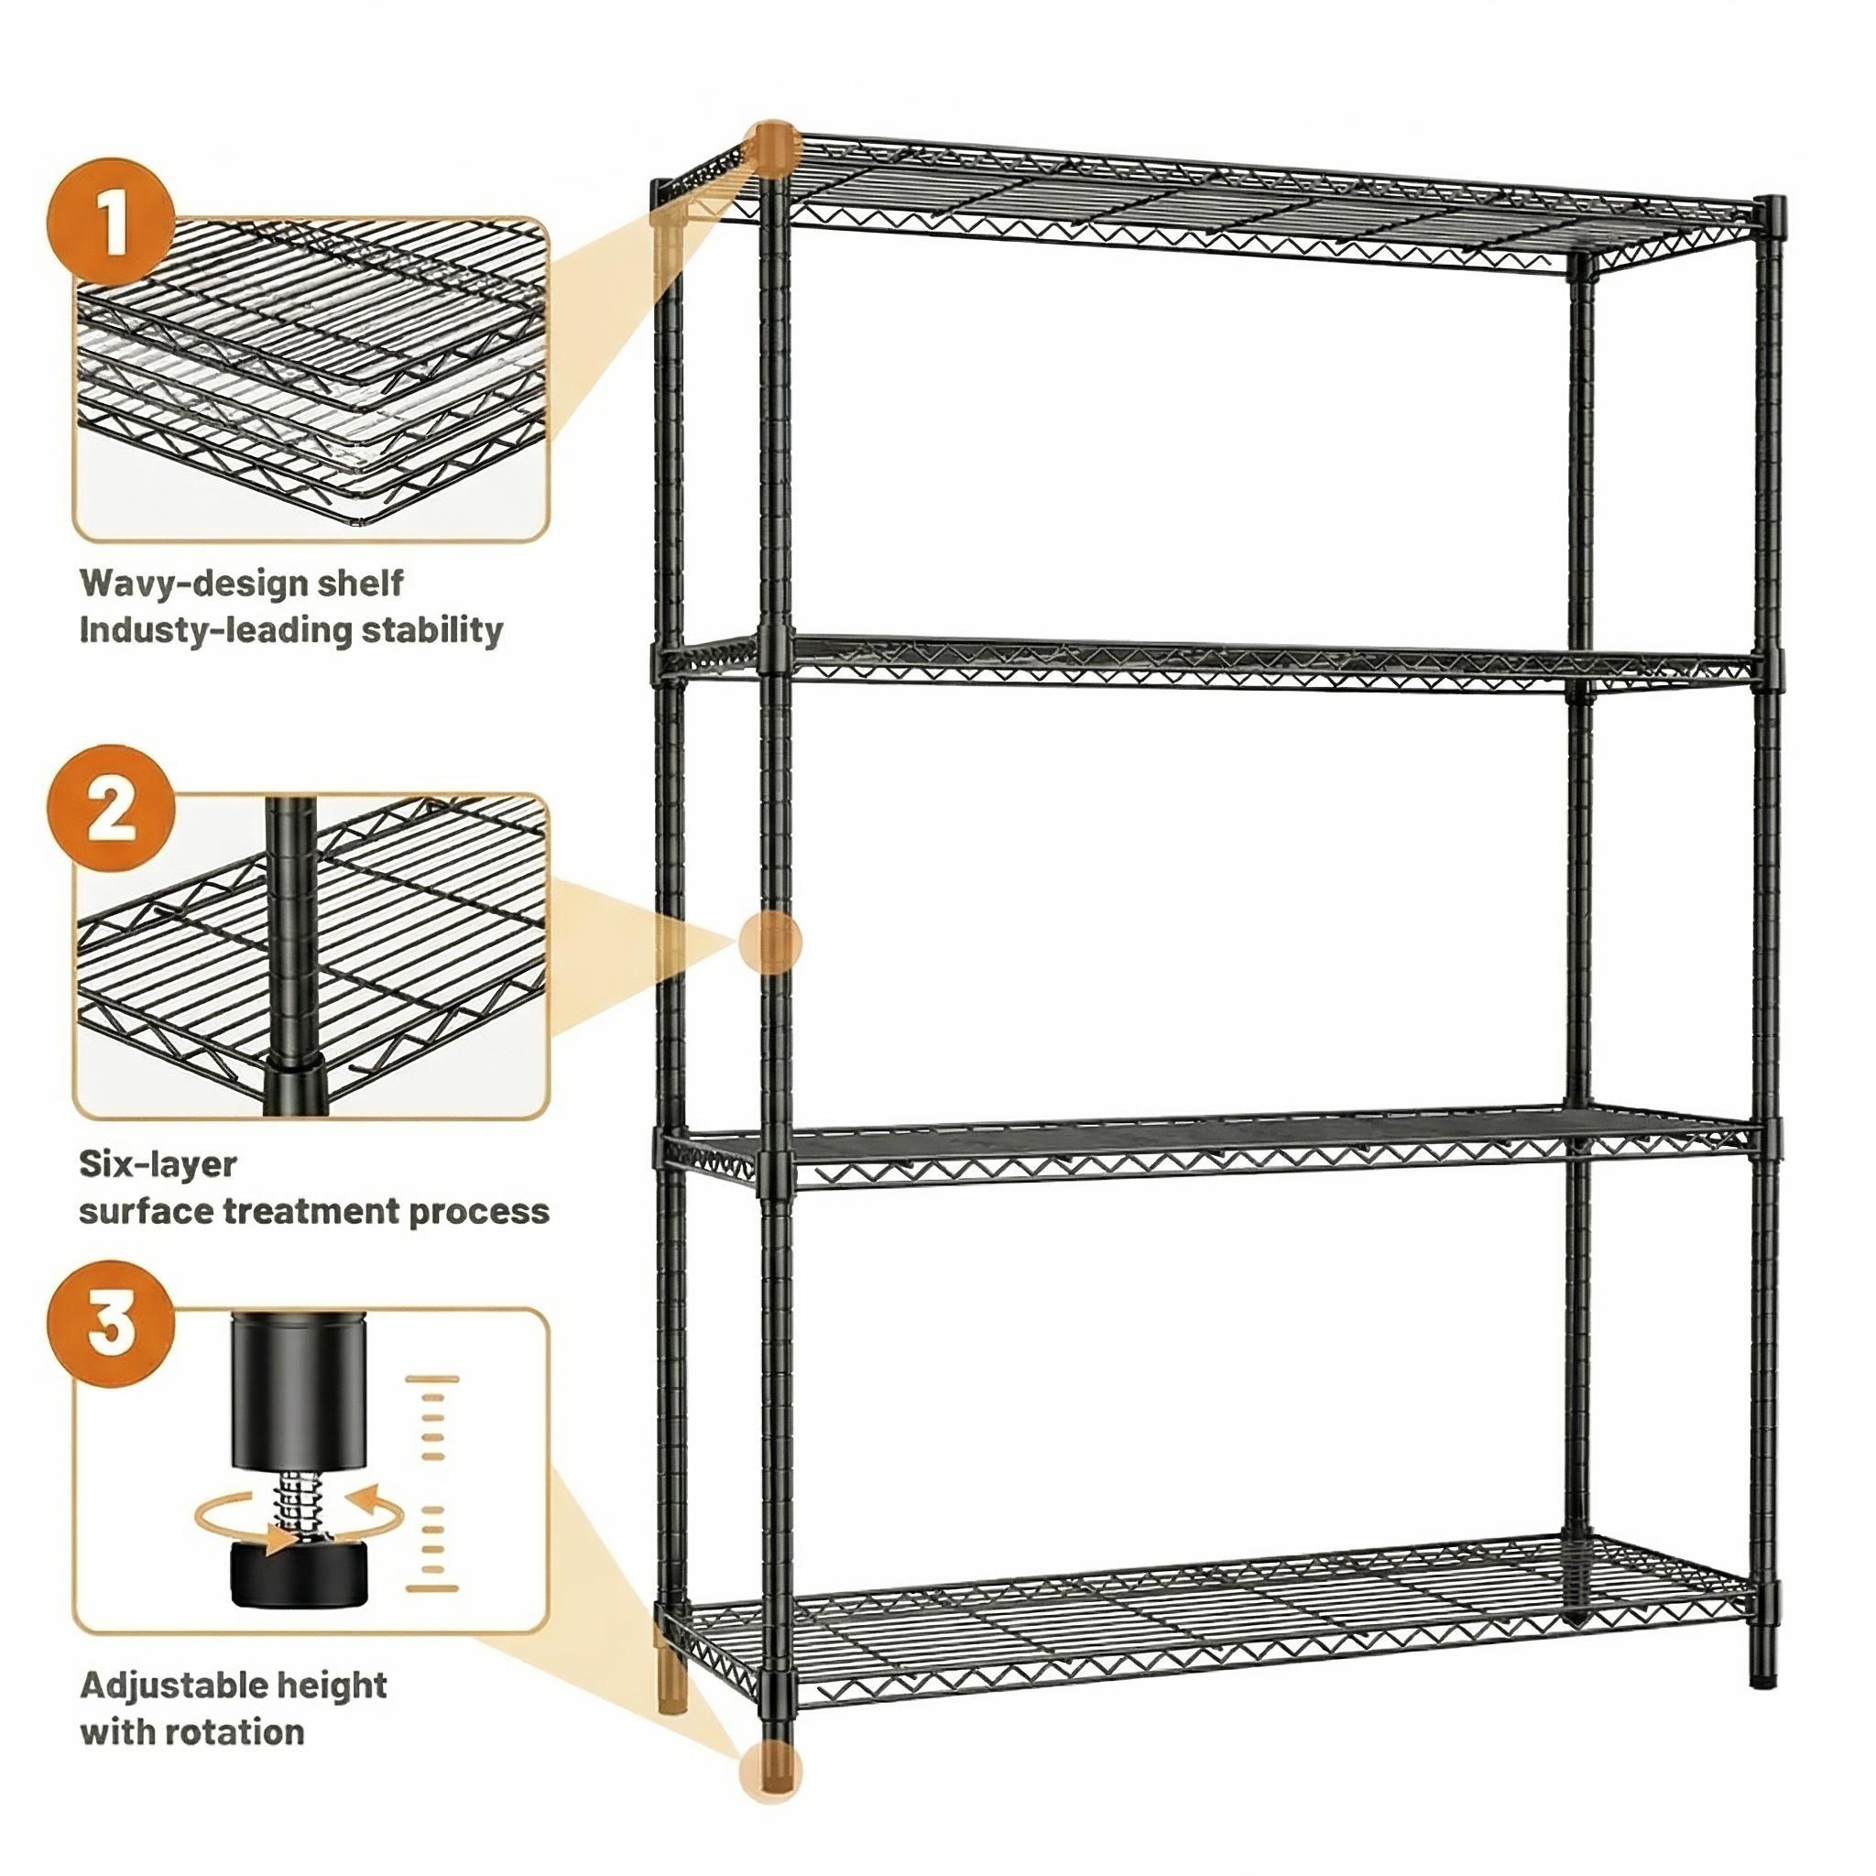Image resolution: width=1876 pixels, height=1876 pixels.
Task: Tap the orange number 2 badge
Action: [x=111, y=808]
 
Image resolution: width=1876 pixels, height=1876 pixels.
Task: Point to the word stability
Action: [x=432, y=631]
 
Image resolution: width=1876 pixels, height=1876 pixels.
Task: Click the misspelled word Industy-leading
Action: [x=215, y=631]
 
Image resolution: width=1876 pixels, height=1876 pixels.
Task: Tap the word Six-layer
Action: [x=158, y=1165]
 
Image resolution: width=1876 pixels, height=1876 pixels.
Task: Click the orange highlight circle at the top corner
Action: [x=772, y=148]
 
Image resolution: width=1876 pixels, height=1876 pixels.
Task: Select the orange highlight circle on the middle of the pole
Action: [x=771, y=943]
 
